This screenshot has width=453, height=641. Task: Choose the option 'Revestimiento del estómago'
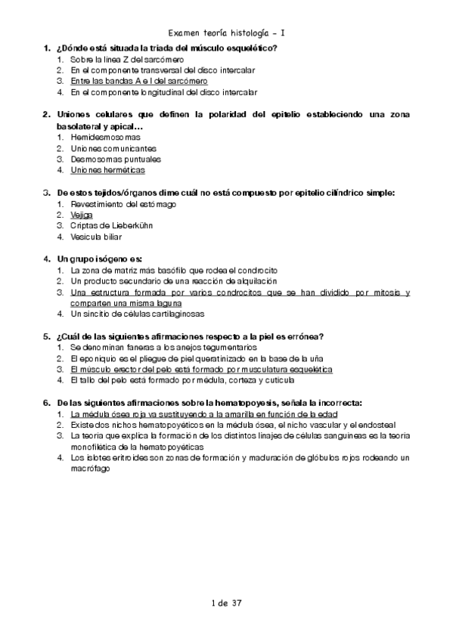click(123, 204)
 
